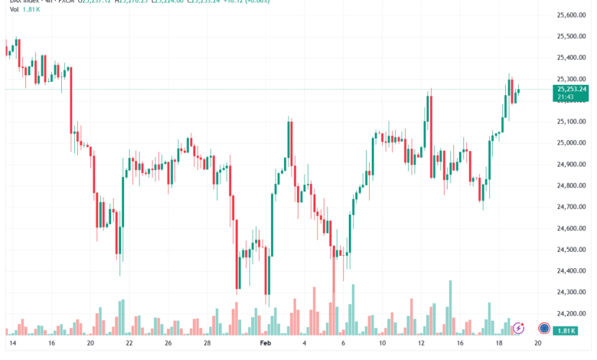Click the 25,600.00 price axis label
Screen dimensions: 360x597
click(x=571, y=15)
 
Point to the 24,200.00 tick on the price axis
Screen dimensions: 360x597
click(x=571, y=313)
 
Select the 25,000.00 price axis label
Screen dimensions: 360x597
click(x=571, y=142)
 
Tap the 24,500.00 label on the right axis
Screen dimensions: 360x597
click(x=571, y=250)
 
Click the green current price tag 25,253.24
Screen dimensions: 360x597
click(x=572, y=89)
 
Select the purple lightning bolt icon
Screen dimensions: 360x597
click(x=518, y=328)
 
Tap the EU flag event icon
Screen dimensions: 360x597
click(x=544, y=328)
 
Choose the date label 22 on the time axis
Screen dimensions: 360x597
click(x=129, y=345)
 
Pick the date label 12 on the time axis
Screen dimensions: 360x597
click(x=421, y=345)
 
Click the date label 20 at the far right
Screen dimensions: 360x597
click(x=539, y=345)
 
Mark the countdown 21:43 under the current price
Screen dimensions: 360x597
click(x=567, y=97)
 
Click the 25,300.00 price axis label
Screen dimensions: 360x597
click(x=571, y=79)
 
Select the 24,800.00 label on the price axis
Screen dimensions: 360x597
click(x=571, y=185)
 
